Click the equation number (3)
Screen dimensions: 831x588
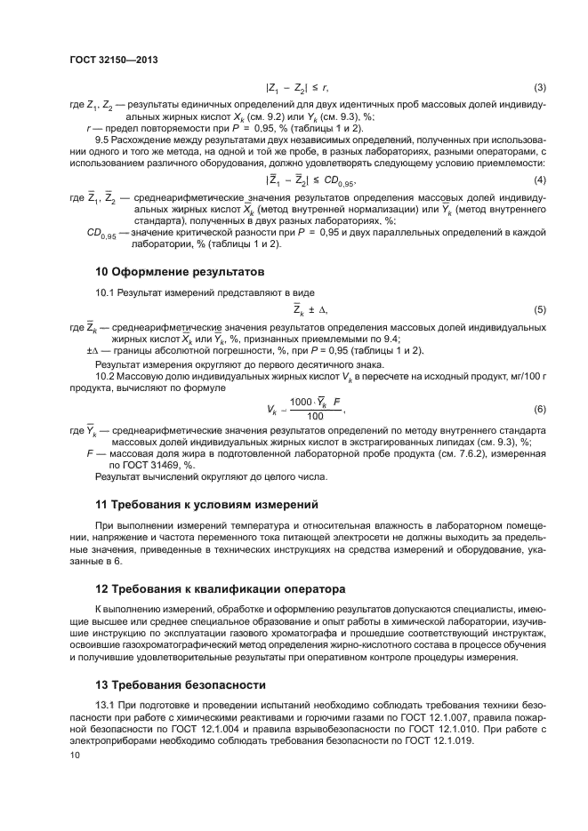538,87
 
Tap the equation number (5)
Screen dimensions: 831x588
538,309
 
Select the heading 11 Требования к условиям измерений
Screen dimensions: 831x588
206,504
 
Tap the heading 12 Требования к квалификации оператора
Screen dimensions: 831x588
223,589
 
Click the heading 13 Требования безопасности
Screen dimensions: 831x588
181,684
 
